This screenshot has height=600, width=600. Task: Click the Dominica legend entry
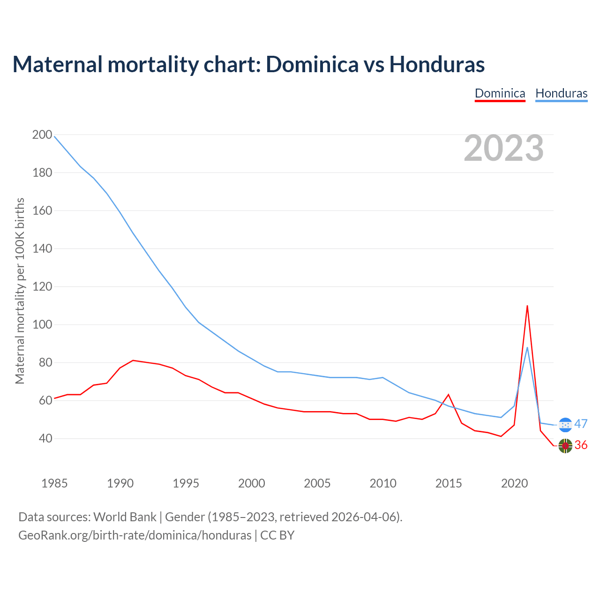pos(500,93)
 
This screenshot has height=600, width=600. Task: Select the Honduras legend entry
pos(561,93)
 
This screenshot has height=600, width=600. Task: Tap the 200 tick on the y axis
pos(42,135)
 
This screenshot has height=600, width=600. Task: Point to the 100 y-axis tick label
pos(42,325)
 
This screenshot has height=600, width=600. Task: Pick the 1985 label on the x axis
pos(54,483)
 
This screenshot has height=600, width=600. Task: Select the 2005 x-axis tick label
pos(317,483)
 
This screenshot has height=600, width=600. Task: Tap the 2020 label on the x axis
pos(514,483)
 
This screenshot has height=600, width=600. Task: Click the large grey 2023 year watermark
pos(504,148)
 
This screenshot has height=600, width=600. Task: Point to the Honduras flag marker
pos(566,425)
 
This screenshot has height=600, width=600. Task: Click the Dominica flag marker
pos(565,446)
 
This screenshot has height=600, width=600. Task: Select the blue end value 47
pos(581,424)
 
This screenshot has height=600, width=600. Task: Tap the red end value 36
pos(581,445)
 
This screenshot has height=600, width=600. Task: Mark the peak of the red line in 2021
pos(527,306)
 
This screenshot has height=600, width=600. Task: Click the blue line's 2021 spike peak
pos(527,347)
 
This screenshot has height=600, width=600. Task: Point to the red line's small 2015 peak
pos(449,395)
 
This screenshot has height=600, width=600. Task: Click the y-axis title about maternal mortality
pos(20,291)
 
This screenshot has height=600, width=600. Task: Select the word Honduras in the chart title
pos(437,64)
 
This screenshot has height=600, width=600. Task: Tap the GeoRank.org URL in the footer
pos(135,535)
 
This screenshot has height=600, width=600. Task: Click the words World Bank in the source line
pos(125,517)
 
